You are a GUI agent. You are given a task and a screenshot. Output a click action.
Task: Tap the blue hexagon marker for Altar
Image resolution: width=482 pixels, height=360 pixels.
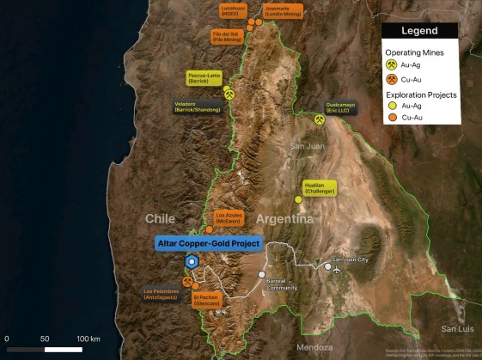(x=192, y=262)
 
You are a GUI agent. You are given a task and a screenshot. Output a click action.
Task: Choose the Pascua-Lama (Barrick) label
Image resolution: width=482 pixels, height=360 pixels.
(x=204, y=77)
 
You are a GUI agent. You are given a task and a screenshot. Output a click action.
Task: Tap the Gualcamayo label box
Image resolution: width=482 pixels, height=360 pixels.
(x=342, y=109)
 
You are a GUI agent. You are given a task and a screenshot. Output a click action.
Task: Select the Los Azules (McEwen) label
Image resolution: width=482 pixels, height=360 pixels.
(x=231, y=217)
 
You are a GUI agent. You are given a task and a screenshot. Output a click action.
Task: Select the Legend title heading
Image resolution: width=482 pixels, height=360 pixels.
(x=420, y=31)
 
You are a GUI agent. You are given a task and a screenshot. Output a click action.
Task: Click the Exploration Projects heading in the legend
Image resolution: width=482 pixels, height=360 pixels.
(x=420, y=95)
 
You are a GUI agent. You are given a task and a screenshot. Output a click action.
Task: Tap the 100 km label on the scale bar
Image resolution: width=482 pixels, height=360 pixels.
(x=88, y=339)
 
